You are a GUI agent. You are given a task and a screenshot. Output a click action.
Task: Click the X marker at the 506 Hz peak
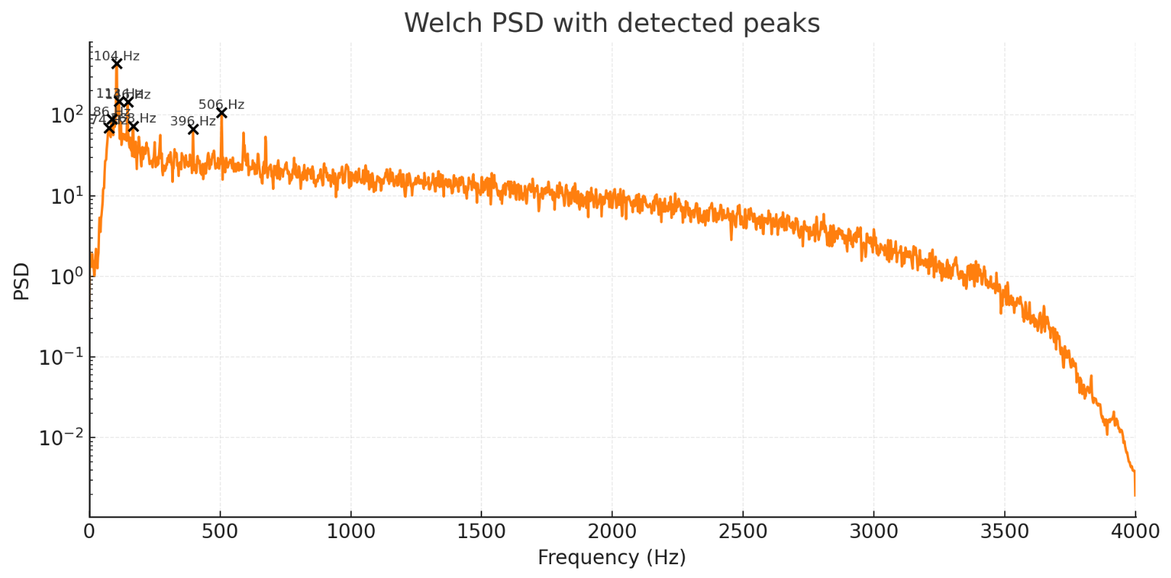click(x=221, y=112)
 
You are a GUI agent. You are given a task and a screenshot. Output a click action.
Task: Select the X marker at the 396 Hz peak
click(x=193, y=129)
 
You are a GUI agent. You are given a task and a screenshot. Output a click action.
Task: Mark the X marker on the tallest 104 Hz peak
click(x=117, y=64)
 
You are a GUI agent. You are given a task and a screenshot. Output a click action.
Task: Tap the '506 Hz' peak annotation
click(x=221, y=104)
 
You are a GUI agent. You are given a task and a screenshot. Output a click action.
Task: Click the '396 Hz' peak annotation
click(x=193, y=121)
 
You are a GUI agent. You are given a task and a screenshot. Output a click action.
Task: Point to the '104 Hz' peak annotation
click(x=117, y=56)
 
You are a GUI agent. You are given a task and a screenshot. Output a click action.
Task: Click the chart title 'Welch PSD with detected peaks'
click(x=612, y=23)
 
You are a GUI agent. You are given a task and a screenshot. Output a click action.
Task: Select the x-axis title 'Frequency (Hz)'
click(x=612, y=557)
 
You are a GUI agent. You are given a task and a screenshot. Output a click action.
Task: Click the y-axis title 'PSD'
click(x=22, y=281)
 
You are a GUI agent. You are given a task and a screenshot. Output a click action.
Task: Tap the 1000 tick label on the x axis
click(x=351, y=532)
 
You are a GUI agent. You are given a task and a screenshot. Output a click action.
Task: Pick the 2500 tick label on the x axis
click(x=743, y=532)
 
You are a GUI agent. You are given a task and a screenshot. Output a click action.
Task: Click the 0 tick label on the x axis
click(x=89, y=532)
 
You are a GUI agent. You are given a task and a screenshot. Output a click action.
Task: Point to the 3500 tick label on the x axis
click(x=1004, y=532)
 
